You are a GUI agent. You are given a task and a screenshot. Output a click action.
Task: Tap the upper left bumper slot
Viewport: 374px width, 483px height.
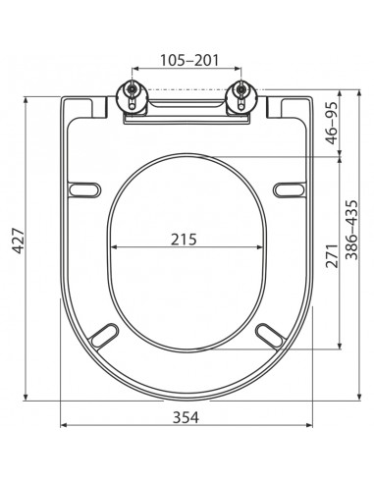[84, 189]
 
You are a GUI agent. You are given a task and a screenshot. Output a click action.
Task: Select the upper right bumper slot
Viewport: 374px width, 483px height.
[290, 189]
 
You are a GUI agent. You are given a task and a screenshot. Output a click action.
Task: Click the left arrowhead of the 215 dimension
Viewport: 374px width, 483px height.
[111, 247]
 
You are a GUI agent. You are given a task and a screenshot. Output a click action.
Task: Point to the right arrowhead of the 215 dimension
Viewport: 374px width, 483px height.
[263, 247]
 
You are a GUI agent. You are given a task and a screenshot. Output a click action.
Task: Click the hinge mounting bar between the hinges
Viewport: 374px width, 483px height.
[187, 110]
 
